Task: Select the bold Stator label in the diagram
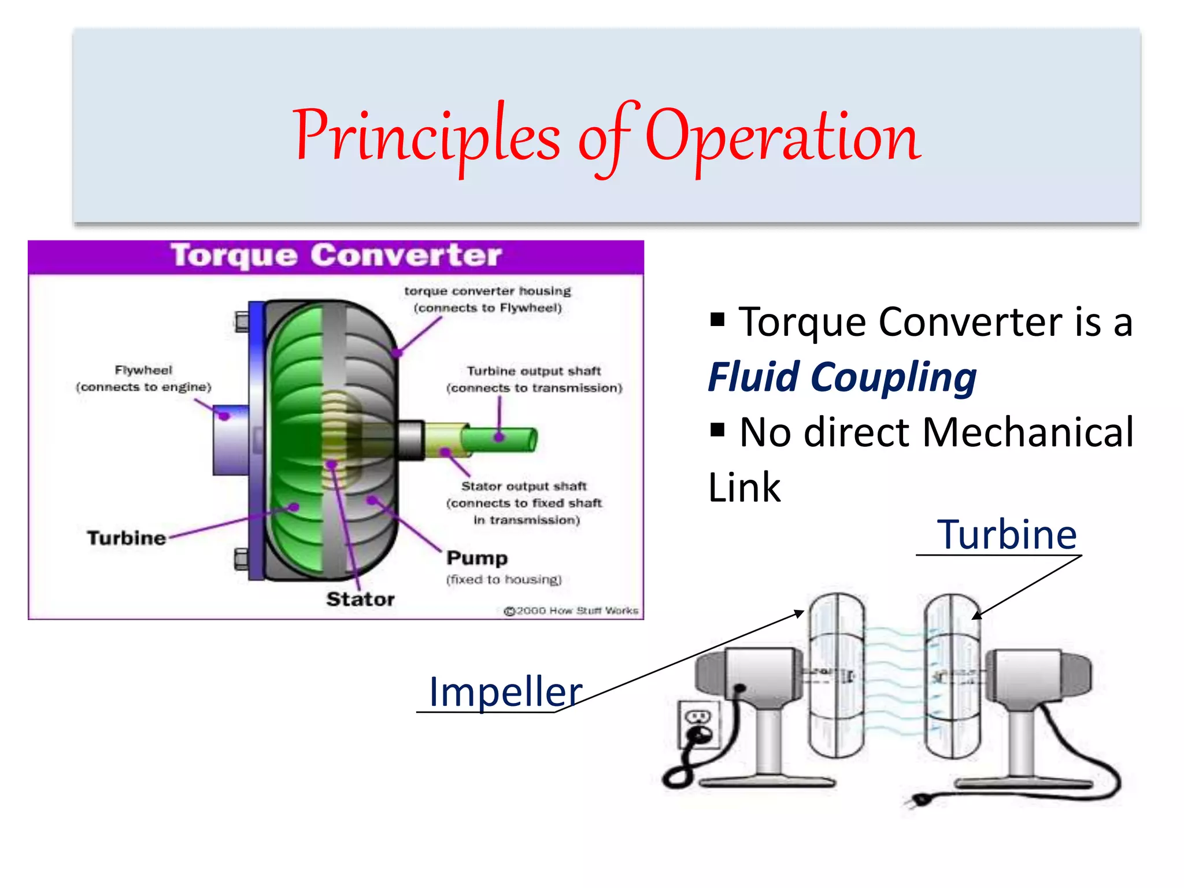[x=360, y=600]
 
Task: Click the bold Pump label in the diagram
[x=477, y=558]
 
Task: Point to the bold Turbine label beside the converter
[x=127, y=538]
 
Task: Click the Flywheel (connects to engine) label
[x=143, y=379]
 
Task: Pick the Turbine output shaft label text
[x=534, y=379]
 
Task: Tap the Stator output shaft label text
[x=524, y=502]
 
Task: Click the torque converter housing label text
[x=487, y=299]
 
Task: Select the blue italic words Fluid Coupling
[x=842, y=378]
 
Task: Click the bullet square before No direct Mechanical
[x=717, y=430]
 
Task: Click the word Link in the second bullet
[x=745, y=487]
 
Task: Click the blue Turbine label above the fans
[x=1007, y=535]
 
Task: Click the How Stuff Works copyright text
[x=571, y=610]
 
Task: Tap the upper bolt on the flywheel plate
[x=242, y=321]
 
